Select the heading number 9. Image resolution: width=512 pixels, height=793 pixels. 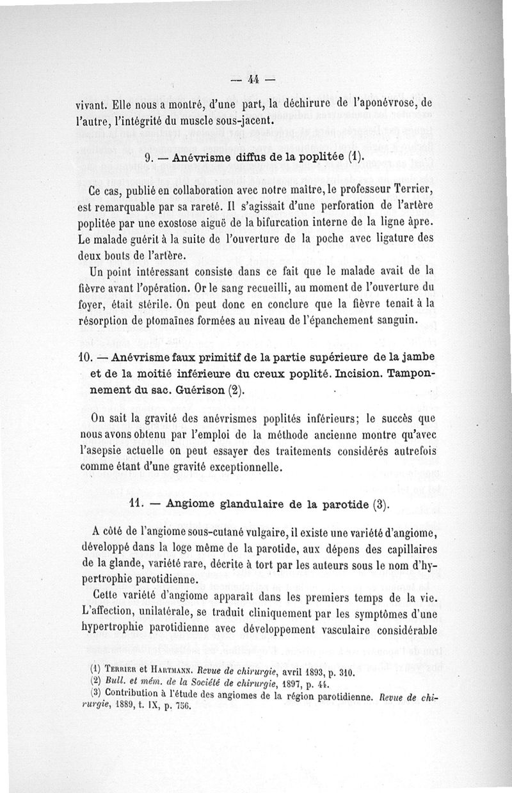pyautogui.click(x=148, y=157)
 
